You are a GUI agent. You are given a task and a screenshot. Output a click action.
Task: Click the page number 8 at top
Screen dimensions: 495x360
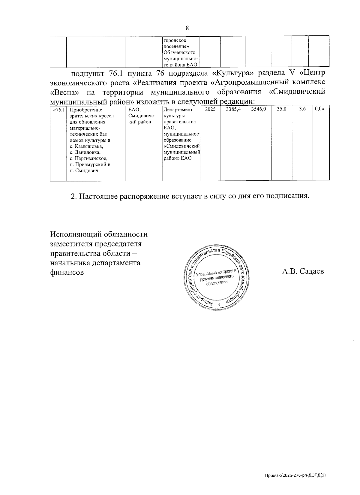(x=187, y=28)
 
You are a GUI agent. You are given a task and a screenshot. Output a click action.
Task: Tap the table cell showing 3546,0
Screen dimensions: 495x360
(x=258, y=110)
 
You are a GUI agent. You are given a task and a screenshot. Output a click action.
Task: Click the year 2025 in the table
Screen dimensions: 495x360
(x=210, y=110)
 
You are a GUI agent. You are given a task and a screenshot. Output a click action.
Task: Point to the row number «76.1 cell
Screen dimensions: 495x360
(x=58, y=110)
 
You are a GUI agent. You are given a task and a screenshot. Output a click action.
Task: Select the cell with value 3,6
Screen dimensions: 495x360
(x=302, y=110)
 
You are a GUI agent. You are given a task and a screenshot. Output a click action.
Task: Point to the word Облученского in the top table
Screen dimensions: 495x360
(x=179, y=53)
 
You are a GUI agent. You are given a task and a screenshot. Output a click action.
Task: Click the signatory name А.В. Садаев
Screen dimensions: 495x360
(x=303, y=272)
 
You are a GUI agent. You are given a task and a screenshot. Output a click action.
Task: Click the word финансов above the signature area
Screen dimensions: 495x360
(x=67, y=273)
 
